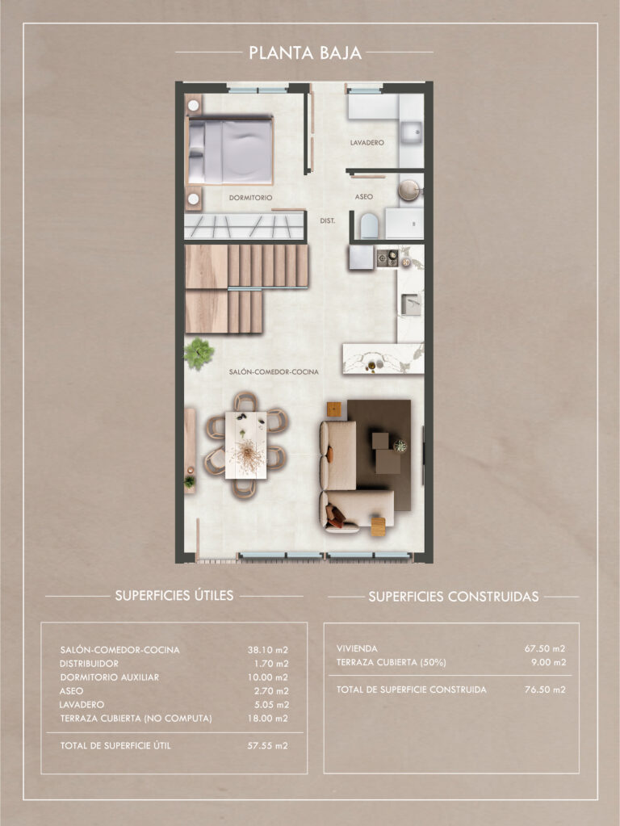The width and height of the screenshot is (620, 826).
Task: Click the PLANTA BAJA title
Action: click(x=305, y=52)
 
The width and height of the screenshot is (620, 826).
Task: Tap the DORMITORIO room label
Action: click(x=251, y=198)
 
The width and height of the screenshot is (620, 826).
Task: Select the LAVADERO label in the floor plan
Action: click(x=367, y=142)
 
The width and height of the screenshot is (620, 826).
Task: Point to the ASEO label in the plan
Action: click(x=363, y=196)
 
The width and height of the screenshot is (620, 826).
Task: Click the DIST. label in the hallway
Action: click(x=327, y=220)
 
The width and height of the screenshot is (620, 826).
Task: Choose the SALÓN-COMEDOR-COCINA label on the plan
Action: click(x=274, y=371)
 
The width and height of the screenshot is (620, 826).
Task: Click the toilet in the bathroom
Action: click(x=369, y=225)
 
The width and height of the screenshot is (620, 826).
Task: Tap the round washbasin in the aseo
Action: click(x=409, y=190)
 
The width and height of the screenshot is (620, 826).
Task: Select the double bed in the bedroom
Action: click(x=230, y=151)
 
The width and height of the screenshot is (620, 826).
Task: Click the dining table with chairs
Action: click(x=246, y=445)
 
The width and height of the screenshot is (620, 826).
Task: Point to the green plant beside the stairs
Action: click(x=199, y=354)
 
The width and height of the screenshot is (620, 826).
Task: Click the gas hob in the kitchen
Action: click(x=387, y=258)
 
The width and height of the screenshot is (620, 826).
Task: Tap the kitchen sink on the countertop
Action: click(x=411, y=304)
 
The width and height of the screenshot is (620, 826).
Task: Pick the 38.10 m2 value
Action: click(x=268, y=650)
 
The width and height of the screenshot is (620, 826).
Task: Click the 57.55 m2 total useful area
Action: click(x=268, y=745)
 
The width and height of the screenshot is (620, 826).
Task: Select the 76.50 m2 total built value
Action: click(x=545, y=690)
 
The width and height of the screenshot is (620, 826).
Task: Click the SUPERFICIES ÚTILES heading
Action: click(x=174, y=595)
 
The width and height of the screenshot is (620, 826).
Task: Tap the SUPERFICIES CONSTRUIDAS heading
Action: click(x=454, y=597)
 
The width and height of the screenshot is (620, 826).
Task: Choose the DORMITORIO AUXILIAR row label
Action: click(x=109, y=677)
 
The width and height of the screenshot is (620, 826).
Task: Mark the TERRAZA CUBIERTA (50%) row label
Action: click(x=392, y=662)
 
